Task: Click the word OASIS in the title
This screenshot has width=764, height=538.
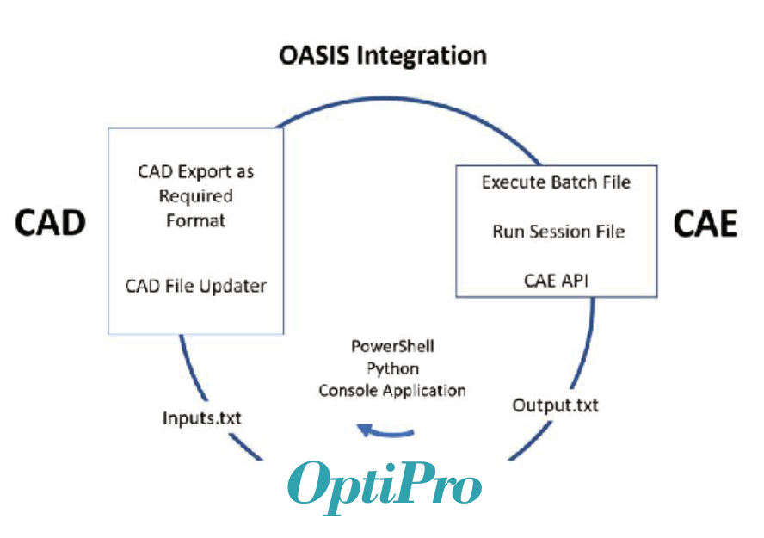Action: point(314,55)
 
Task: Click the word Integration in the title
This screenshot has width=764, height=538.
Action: point(422,56)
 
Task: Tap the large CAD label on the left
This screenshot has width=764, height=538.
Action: point(50,223)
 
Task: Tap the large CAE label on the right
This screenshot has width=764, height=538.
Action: point(705,224)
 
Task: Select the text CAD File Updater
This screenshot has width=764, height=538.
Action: point(196,286)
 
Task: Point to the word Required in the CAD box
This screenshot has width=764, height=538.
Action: point(196,196)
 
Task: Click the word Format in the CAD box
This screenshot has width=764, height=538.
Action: point(196,220)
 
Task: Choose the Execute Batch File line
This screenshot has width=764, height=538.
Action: point(556,182)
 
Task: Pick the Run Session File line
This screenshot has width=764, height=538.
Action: point(558,232)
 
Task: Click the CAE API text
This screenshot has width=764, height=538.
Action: point(556,281)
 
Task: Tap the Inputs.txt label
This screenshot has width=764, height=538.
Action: point(201,418)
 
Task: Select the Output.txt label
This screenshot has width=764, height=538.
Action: point(556,405)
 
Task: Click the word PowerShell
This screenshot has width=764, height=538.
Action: point(392,347)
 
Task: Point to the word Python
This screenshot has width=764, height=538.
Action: point(392,369)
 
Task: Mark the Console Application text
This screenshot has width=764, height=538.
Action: point(392,391)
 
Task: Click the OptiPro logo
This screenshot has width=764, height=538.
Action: point(385,487)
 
